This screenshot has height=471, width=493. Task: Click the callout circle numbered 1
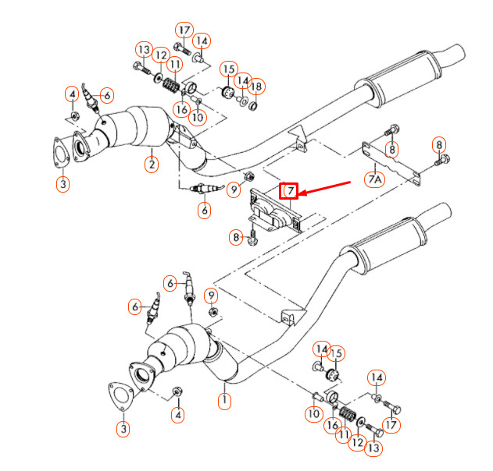225,402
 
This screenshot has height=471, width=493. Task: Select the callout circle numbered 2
152,164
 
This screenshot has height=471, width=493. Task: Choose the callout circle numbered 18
257,86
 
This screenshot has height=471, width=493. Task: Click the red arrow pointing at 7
325,187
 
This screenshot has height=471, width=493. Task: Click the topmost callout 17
184,30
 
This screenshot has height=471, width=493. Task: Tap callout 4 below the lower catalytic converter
178,414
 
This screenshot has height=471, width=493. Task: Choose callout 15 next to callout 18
228,70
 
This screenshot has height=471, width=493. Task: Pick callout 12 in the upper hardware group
160,56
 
